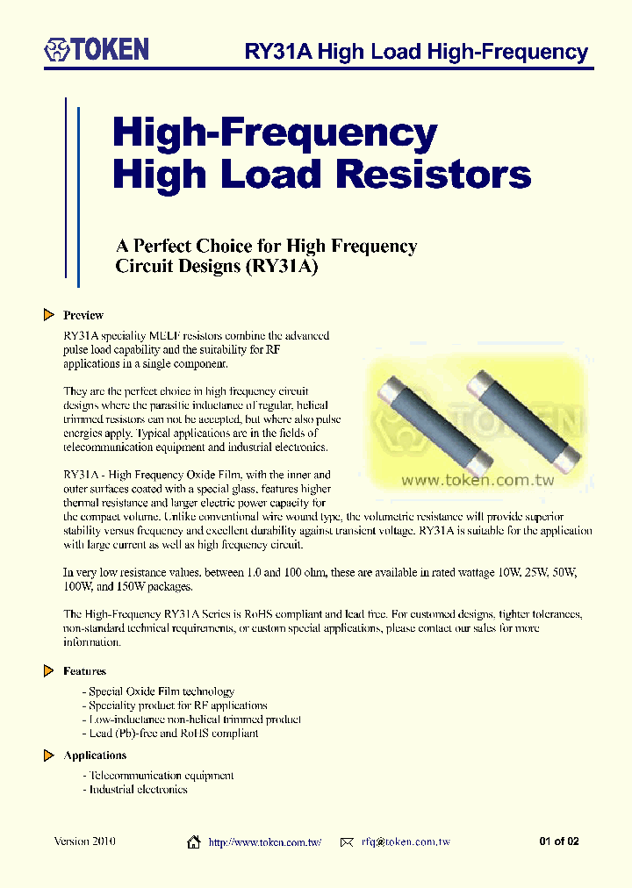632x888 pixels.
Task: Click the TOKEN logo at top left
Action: coord(97,49)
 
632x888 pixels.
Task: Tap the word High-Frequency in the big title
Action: coord(275,133)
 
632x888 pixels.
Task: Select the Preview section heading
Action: coord(83,315)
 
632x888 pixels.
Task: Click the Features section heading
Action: coord(84,671)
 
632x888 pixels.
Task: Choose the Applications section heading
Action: coord(95,756)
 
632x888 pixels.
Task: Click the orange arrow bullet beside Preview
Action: coord(49,315)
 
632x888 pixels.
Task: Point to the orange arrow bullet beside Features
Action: coord(49,671)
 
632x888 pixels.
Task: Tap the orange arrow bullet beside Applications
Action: coord(49,756)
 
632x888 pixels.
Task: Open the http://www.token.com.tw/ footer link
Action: coord(264,842)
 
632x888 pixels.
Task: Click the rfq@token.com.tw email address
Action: coord(406,842)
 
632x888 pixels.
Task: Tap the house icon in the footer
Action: coord(194,842)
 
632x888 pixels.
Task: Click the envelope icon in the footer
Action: coord(346,842)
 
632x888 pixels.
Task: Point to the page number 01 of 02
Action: coord(559,842)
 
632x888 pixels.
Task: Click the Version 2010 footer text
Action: coord(84,841)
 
